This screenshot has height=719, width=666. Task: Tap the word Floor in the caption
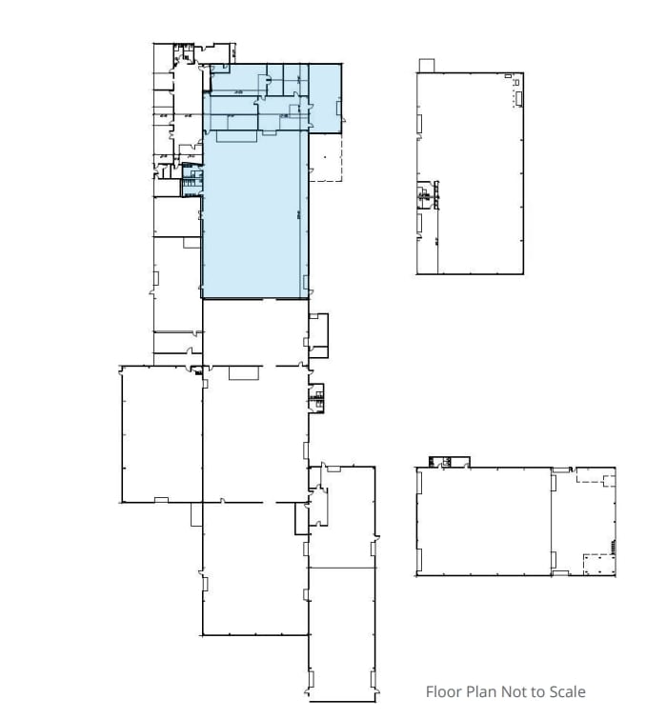pos(444,692)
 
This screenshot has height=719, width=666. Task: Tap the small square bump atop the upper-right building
pos(426,65)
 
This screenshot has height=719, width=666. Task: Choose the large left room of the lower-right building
pos(484,521)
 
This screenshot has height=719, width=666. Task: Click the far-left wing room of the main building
pos(161,433)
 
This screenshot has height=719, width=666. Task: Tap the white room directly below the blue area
pos(254,331)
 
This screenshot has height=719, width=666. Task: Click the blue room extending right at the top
pos(324,95)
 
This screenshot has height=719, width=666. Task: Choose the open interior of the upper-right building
pos(476,171)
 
